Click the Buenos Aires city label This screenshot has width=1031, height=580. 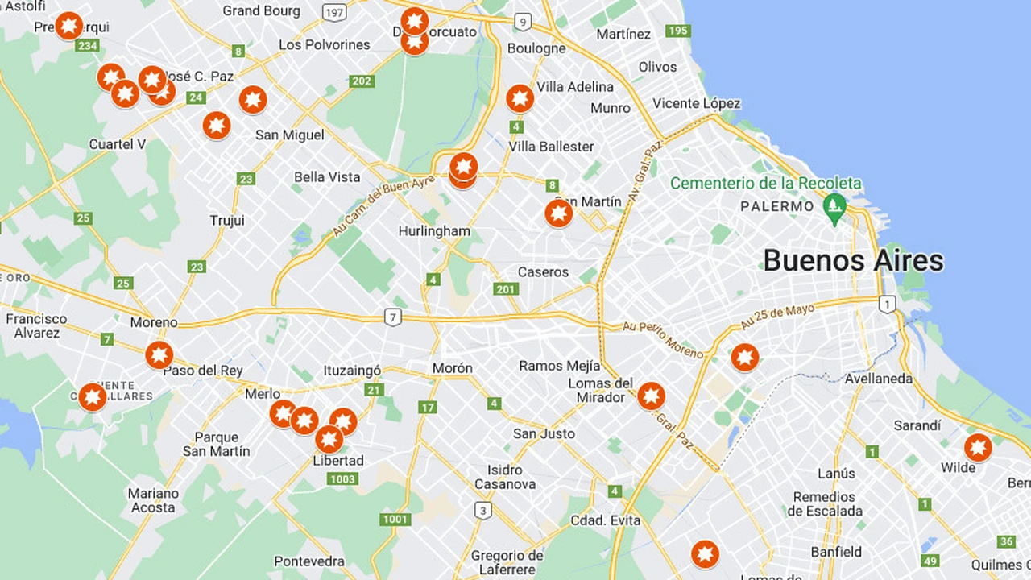tap(853, 260)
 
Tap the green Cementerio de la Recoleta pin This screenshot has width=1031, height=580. tap(835, 206)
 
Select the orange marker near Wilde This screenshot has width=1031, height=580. tap(978, 448)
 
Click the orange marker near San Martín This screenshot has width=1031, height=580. tap(558, 213)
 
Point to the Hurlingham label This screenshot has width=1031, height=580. tap(434, 231)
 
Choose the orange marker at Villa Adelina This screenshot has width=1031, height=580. tap(520, 98)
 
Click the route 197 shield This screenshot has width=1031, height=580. tap(333, 12)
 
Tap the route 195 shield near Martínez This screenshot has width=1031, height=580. tap(678, 31)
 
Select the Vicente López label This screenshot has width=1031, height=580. tap(697, 103)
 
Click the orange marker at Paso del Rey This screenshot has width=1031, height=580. tap(159, 354)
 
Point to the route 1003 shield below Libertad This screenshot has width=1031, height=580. tap(342, 479)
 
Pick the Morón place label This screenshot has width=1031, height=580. tap(452, 368)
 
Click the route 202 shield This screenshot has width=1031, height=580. tap(362, 81)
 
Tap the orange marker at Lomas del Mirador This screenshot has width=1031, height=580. tap(651, 396)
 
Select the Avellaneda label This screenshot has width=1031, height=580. tap(878, 379)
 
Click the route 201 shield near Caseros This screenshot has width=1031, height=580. tap(506, 289)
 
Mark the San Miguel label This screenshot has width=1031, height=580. tap(290, 135)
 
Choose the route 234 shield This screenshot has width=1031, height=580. tap(87, 45)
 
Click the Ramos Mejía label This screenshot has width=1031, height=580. tap(552, 366)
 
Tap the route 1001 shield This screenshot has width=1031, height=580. tap(395, 519)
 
